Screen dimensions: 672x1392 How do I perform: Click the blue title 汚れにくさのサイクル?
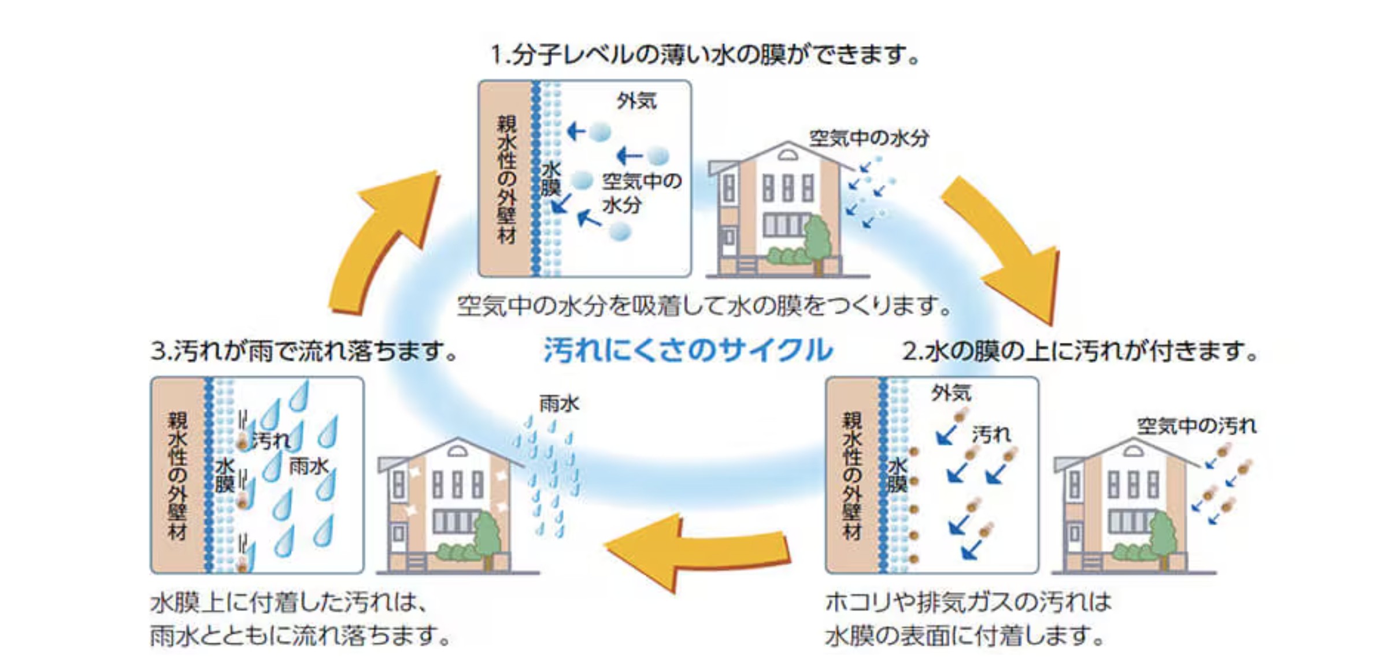688,350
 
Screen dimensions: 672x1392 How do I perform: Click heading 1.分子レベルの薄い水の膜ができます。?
704,55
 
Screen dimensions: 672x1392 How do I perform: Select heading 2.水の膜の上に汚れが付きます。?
1080,351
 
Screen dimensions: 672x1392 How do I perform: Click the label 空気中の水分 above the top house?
869,138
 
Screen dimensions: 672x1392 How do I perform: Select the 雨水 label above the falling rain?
559,403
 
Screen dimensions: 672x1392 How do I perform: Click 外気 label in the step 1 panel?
636,101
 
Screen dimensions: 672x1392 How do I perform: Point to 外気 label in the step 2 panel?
951,393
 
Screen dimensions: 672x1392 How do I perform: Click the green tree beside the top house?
817,240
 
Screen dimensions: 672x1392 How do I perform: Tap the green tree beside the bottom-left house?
487,534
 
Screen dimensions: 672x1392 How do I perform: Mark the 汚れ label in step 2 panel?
991,435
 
